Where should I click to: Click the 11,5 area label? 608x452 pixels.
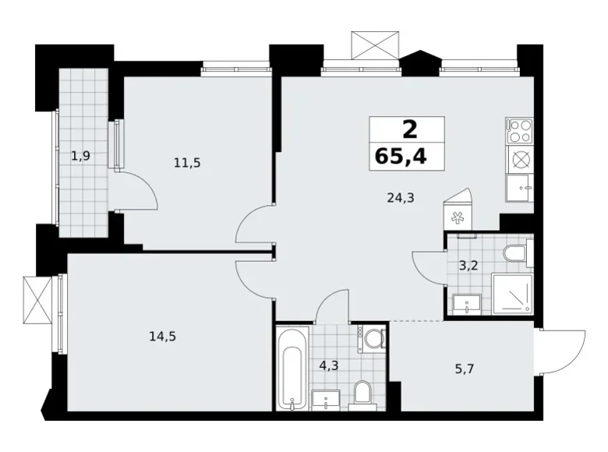(x=186, y=163)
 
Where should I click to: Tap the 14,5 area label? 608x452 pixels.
(x=162, y=337)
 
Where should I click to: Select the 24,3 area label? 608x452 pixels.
(x=400, y=198)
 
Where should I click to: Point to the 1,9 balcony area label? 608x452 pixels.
(x=81, y=156)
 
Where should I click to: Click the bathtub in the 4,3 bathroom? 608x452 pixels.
(x=292, y=368)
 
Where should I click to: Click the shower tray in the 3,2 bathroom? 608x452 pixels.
(x=512, y=295)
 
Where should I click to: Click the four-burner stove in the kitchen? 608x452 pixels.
(x=518, y=130)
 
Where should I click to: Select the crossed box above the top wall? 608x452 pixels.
(x=374, y=45)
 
